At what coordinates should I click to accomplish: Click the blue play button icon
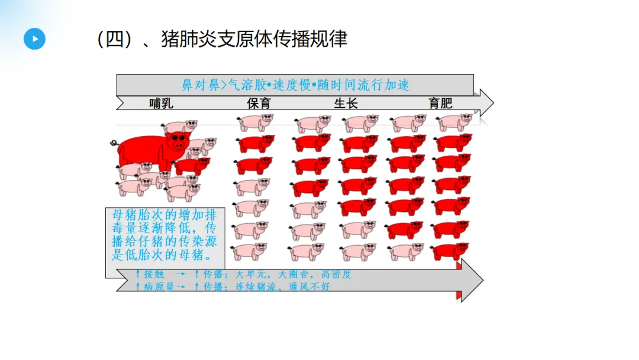click(x=35, y=38)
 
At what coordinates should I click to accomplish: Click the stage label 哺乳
click(x=162, y=104)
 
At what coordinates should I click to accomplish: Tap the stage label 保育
click(x=259, y=104)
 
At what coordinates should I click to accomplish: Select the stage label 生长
click(x=346, y=104)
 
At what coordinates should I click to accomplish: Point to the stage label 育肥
click(x=440, y=104)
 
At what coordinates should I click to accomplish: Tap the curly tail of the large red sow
click(x=114, y=143)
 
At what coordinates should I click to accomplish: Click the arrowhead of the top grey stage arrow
click(x=486, y=103)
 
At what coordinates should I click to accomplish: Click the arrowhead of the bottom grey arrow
click(x=473, y=279)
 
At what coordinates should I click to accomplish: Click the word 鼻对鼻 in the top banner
click(x=195, y=85)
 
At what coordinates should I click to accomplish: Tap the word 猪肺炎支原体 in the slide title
click(x=222, y=39)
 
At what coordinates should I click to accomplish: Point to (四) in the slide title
click(x=112, y=39)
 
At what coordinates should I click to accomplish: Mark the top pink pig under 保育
click(x=255, y=121)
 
